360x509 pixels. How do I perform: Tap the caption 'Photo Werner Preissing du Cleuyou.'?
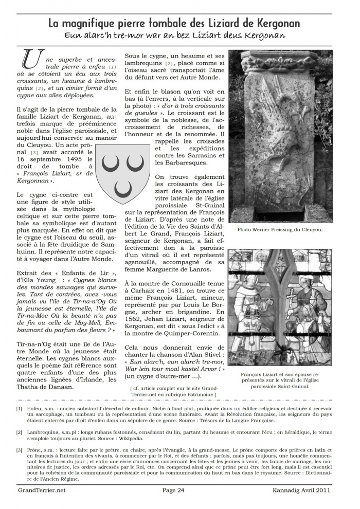click(280, 230)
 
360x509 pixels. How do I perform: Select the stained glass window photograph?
click(280, 307)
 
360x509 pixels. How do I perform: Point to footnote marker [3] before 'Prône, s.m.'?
click(19, 449)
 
